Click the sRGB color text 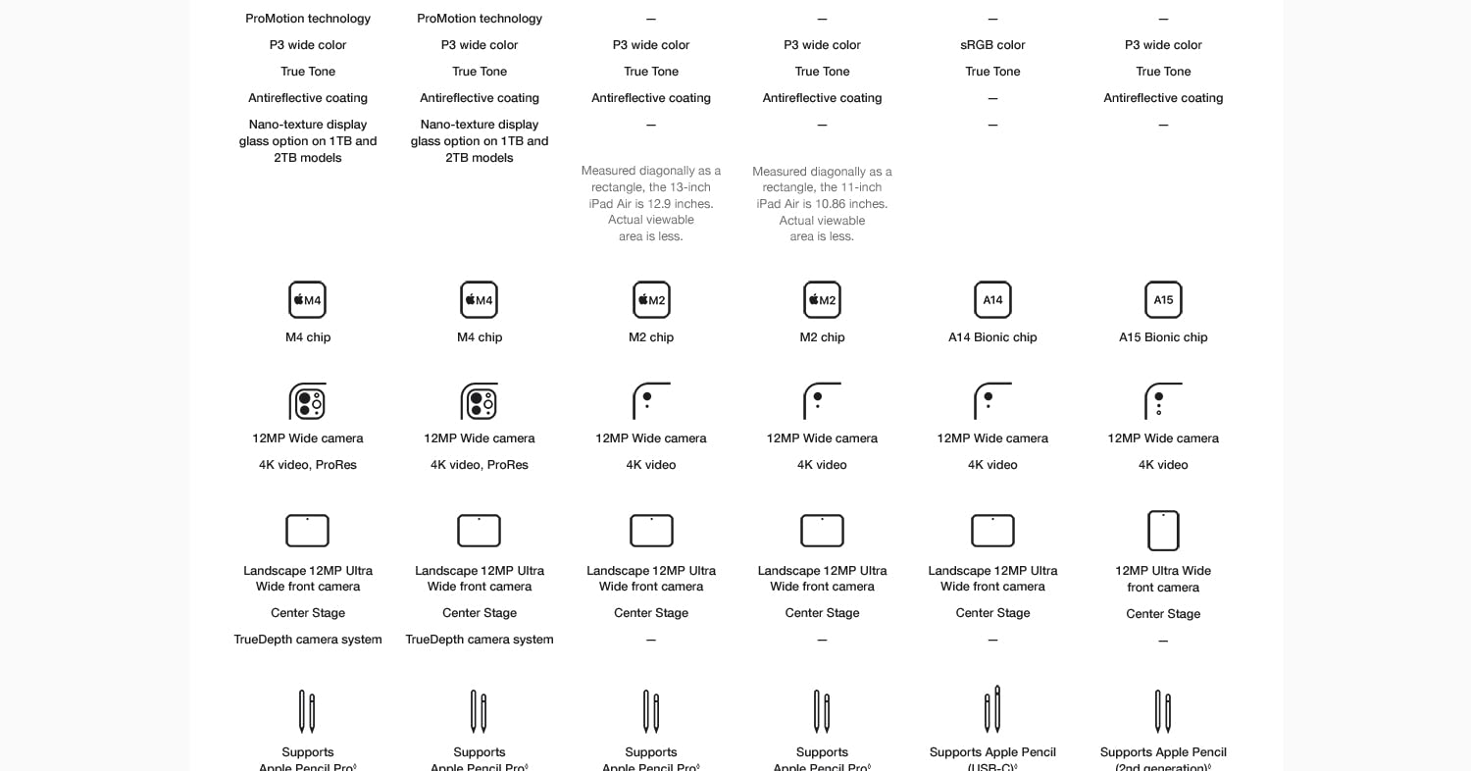[992, 45]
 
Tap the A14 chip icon [992, 300]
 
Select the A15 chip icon [1163, 300]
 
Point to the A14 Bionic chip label [992, 337]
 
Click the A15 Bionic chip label [1163, 337]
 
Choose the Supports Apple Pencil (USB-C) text [992, 759]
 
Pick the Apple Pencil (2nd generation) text [1163, 759]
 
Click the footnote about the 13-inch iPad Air [651, 203]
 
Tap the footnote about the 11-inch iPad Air [822, 203]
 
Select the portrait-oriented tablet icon [1163, 531]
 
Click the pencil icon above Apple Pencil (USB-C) [992, 709]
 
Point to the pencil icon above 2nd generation [1163, 711]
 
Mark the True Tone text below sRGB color [992, 72]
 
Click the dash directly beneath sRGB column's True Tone [992, 98]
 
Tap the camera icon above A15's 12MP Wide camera [1163, 401]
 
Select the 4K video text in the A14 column [992, 465]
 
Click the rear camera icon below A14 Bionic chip [992, 401]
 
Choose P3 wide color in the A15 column [1163, 45]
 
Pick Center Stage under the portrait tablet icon [1163, 614]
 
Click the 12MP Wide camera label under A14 [992, 438]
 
